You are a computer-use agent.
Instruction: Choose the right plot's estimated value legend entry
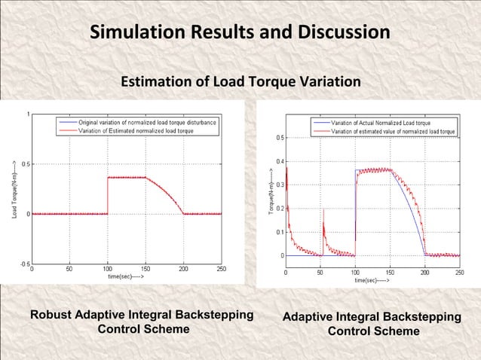[393, 130]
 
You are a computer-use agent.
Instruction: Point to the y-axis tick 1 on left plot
[29, 114]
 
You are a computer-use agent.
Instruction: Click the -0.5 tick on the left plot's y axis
[26, 264]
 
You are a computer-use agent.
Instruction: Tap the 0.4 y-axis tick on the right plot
[280, 161]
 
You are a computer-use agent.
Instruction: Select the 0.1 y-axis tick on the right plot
[280, 232]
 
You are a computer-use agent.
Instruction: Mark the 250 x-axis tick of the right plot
[460, 272]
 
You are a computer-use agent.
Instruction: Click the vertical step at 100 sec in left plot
[108, 196]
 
